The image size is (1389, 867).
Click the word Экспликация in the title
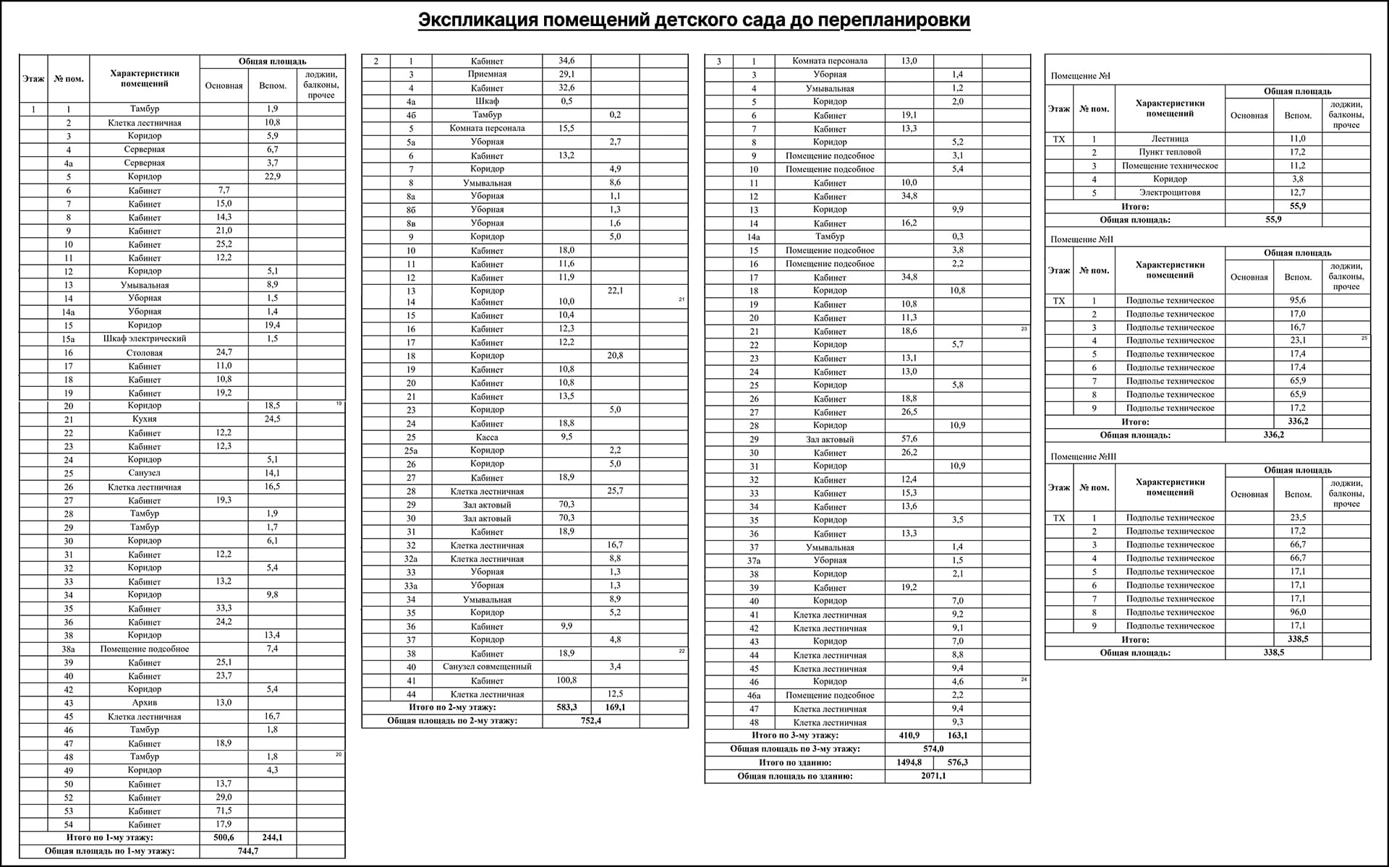click(478, 20)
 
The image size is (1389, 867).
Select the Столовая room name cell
click(145, 353)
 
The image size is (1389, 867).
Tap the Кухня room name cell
click(145, 419)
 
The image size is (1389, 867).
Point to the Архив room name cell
click(145, 703)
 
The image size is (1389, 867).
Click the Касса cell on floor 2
click(487, 437)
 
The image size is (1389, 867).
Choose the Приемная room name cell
click(487, 74)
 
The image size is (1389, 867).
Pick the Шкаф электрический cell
click(145, 339)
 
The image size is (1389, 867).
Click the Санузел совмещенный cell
click(487, 667)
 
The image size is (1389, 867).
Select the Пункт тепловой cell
click(1170, 153)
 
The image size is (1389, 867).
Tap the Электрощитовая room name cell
click(1170, 193)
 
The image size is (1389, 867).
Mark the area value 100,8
click(566, 680)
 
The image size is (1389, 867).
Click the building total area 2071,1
click(933, 776)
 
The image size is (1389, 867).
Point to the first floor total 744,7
click(248, 851)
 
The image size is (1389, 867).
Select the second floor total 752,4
click(590, 721)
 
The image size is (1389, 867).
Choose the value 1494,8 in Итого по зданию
click(909, 762)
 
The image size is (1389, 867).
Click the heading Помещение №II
click(1082, 239)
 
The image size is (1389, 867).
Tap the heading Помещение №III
click(1083, 457)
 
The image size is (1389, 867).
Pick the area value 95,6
click(1298, 301)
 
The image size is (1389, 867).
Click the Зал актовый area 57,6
click(909, 439)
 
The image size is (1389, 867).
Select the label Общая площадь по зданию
click(794, 776)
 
